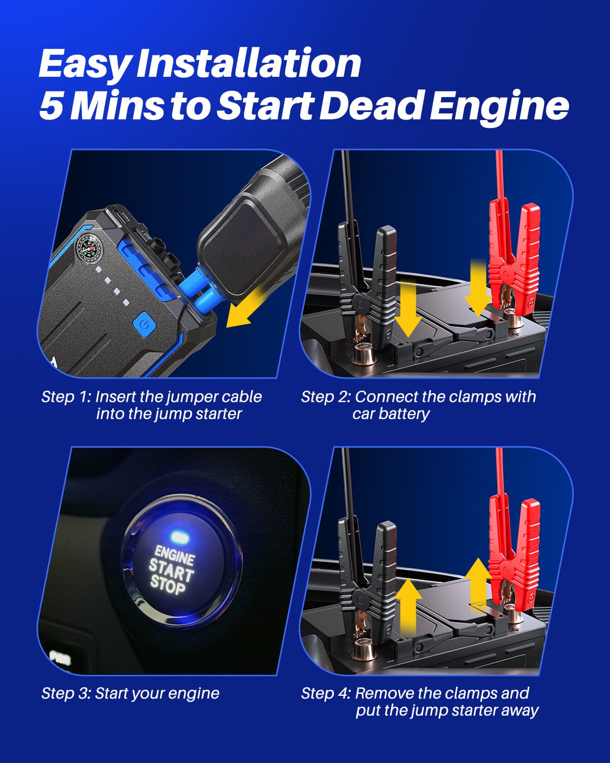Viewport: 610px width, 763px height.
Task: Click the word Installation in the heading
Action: tap(249, 64)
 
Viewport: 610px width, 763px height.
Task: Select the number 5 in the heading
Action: tap(51, 106)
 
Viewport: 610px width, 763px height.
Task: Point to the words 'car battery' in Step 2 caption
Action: tap(390, 414)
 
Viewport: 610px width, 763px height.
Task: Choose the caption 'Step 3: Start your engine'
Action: tap(130, 693)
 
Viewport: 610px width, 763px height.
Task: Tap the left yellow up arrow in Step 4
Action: tap(408, 608)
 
